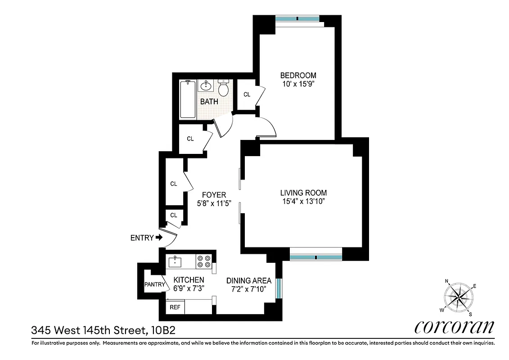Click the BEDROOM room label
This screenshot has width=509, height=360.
pos(298,75)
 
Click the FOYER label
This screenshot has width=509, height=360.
pos(214,194)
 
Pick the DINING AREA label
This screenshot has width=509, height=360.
pos(248,280)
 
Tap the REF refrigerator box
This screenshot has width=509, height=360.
pos(174,308)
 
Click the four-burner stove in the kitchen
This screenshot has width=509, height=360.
pos(203,261)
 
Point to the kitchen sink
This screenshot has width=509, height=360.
pos(175,261)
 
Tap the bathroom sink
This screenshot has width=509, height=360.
pos(206,85)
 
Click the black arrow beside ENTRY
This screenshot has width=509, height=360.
pos(159,238)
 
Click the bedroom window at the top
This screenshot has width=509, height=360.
pos(297,19)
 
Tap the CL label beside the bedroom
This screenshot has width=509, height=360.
pos(247,94)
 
